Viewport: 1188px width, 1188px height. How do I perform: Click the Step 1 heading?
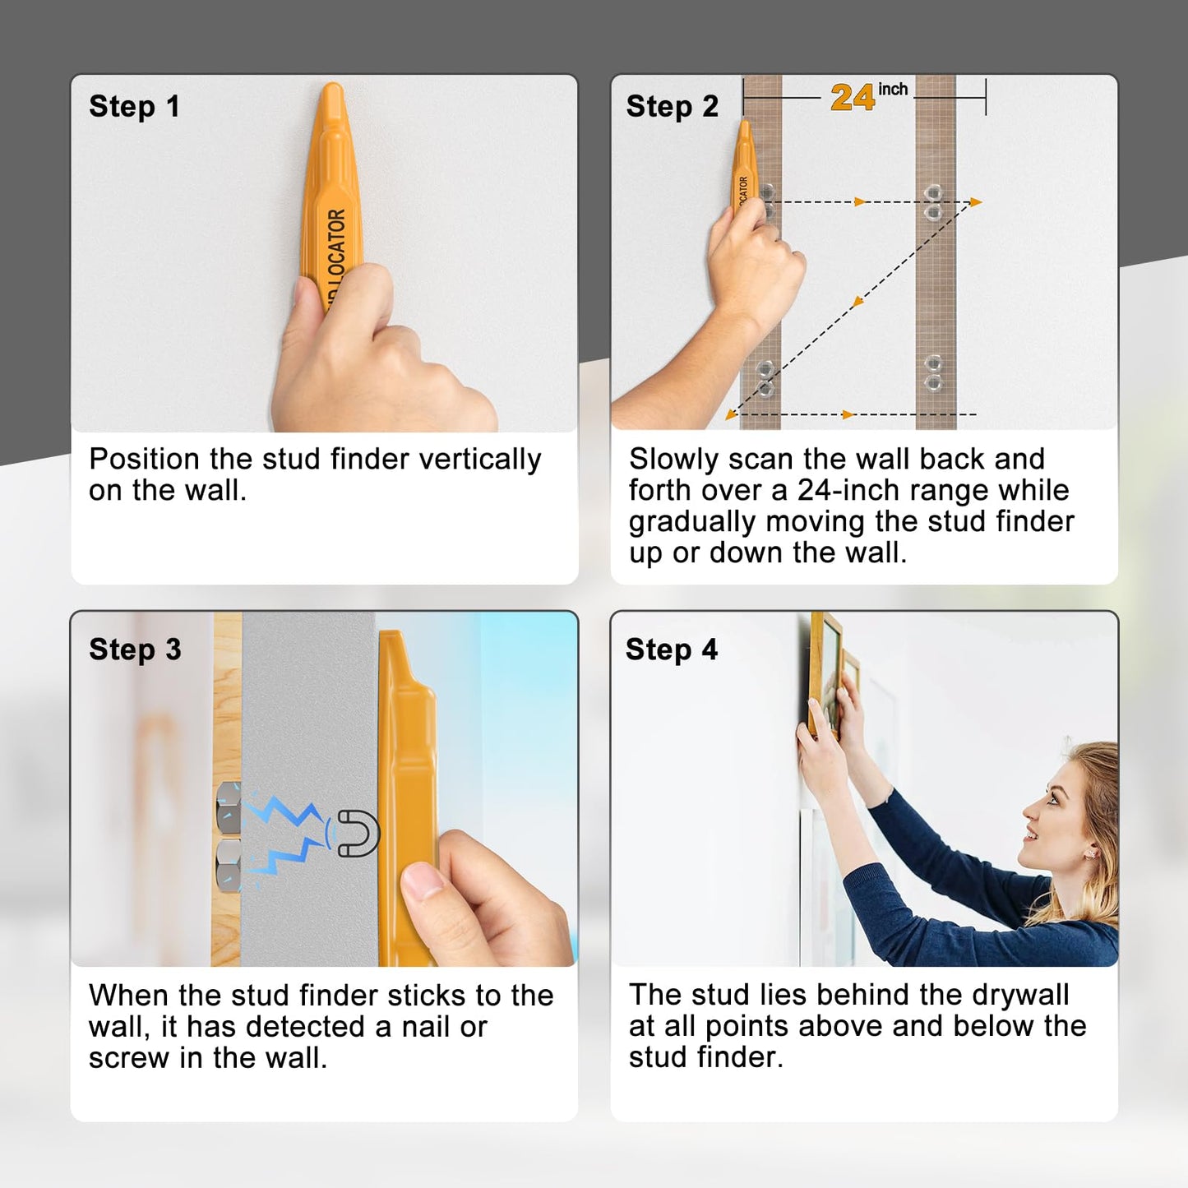pos(134,107)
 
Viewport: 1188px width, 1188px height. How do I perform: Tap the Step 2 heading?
pos(672,107)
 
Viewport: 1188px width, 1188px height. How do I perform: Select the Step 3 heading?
pos(135,649)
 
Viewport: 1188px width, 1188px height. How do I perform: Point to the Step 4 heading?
pos(671,649)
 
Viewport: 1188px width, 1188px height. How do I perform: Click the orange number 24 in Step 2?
pos(852,98)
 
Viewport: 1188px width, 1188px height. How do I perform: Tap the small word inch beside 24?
pos(893,89)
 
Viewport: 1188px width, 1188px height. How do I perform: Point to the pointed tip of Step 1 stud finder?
pos(332,87)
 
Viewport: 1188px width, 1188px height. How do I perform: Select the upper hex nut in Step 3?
pos(228,807)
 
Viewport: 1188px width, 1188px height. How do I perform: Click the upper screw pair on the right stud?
pos(933,202)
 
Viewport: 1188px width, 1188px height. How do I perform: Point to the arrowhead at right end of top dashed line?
pos(976,201)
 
